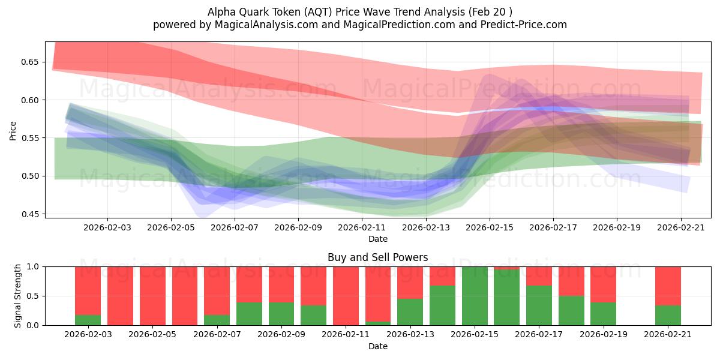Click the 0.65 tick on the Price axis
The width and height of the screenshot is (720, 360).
30,62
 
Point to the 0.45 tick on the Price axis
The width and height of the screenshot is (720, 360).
30,214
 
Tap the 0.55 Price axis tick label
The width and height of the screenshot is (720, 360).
30,138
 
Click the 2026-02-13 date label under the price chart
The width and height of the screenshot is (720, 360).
426,228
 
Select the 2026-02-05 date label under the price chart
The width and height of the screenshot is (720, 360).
171,228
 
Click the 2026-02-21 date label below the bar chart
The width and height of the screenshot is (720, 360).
667,335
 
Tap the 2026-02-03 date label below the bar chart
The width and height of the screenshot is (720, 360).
88,335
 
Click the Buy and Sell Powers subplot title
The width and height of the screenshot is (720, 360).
377,257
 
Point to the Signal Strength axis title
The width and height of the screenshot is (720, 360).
18,295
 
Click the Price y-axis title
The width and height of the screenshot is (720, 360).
13,130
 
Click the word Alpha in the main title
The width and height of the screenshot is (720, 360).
220,12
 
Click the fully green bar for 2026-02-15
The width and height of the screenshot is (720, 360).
475,296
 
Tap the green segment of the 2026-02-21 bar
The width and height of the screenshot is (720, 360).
667,315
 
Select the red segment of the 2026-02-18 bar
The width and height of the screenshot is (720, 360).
571,281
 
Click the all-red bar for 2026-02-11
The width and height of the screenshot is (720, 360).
346,296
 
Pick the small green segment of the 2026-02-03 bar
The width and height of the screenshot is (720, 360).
88,320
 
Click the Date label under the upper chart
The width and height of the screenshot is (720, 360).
377,239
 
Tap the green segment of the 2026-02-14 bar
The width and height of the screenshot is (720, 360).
442,305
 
